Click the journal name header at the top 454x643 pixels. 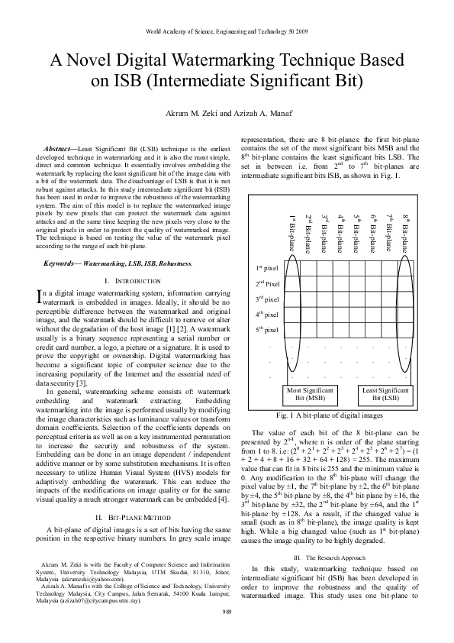tap(227, 32)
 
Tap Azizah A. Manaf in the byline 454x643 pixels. tap(259, 114)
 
